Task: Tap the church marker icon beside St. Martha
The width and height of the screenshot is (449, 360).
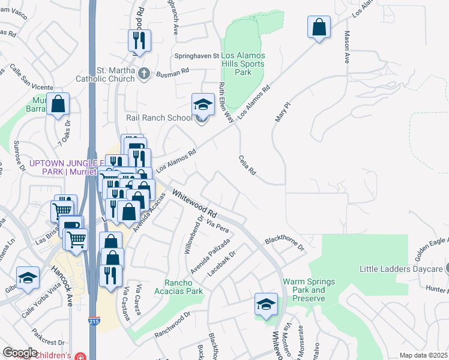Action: click(x=143, y=74)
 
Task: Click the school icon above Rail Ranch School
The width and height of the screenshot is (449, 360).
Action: click(x=203, y=105)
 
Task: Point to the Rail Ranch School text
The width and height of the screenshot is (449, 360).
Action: click(x=158, y=118)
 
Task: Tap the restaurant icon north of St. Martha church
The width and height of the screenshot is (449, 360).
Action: click(x=139, y=41)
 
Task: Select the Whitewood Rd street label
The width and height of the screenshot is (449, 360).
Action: click(x=194, y=204)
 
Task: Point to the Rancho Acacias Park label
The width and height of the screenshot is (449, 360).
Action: click(x=184, y=287)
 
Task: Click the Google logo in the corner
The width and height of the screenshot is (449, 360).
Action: click(x=20, y=353)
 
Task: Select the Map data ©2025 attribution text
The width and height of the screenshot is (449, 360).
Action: click(x=423, y=355)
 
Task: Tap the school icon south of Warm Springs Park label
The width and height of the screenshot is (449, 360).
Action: click(x=266, y=304)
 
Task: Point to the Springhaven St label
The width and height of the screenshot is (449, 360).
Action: click(x=197, y=56)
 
